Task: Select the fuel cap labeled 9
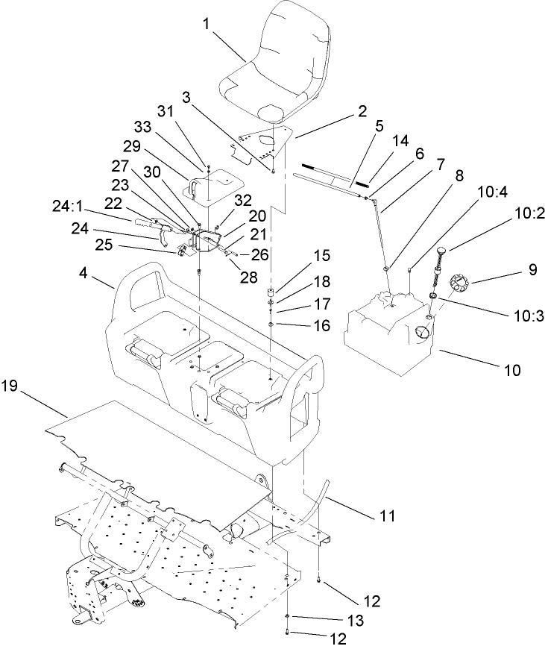459,285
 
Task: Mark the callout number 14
400,140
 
